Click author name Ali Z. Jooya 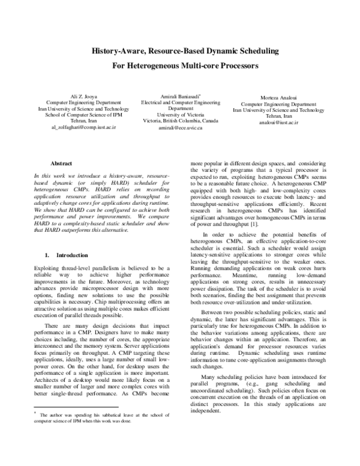tap(83, 96)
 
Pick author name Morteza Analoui tap(278, 97)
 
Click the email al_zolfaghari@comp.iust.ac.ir tap(83, 128)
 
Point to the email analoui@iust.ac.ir tap(278, 123)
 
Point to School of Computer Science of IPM tap(83, 115)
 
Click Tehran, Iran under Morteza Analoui tap(278, 116)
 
